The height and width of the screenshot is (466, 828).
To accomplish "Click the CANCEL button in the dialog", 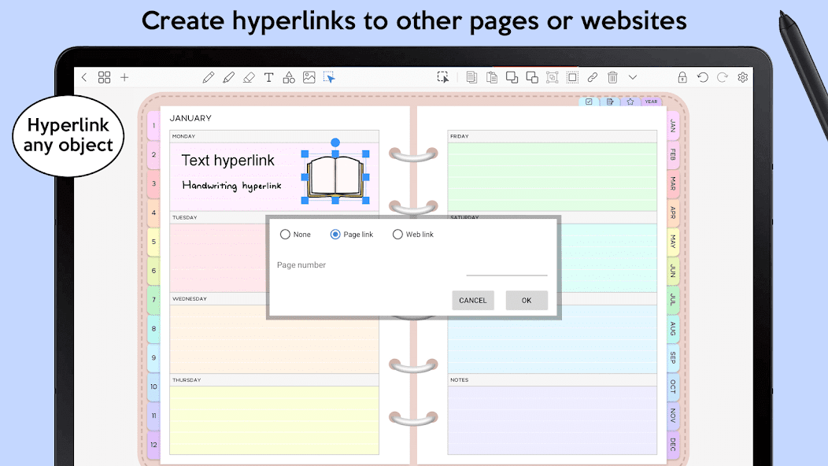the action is coord(472,300).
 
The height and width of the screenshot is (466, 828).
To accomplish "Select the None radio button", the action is coord(285,234).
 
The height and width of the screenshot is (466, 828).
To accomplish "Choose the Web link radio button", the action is coord(397,234).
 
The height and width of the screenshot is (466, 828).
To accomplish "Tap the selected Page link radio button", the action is coord(335,234).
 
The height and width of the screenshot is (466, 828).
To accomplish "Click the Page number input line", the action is coord(506,275).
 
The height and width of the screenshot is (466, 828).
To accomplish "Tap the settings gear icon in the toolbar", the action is coord(742,77).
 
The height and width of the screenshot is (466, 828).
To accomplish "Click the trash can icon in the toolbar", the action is coord(612,77).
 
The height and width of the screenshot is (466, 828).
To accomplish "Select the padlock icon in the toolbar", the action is coord(682,77).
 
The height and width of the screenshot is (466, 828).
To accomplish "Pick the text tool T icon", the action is coord(268,77).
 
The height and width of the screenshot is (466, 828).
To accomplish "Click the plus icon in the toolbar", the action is coord(124,77).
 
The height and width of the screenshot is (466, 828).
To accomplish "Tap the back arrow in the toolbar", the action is coord(84,77).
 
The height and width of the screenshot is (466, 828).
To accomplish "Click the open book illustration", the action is coord(335,177).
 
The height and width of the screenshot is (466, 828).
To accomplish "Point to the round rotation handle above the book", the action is coord(335,142).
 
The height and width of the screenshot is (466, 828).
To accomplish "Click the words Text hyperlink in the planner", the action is coord(228,160).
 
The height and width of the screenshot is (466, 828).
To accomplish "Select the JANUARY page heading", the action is coord(190,118).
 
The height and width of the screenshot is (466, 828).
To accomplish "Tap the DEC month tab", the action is coord(673,444).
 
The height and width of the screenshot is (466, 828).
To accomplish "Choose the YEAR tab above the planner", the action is coord(651,102).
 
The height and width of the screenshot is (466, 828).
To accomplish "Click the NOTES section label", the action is coord(460,380).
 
